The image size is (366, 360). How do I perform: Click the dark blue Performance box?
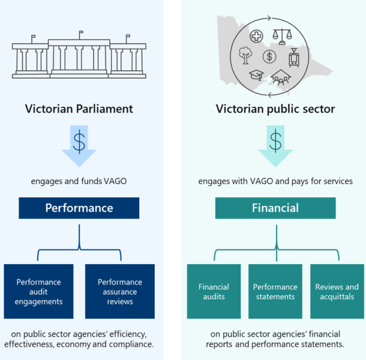[x=79, y=208]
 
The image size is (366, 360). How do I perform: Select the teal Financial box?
[x=275, y=208]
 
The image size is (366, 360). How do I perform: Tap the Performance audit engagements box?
[x=38, y=291]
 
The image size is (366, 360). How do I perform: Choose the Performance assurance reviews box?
[x=120, y=291]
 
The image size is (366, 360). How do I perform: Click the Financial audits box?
[x=214, y=291]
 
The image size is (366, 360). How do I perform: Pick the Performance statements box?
[x=275, y=291]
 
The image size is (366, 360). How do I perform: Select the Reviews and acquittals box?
[x=337, y=291]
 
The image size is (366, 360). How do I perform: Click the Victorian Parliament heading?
[x=79, y=109]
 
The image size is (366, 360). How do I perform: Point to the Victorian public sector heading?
[x=275, y=109]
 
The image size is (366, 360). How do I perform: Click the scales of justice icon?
[x=280, y=35]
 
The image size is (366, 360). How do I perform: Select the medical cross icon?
[x=256, y=35]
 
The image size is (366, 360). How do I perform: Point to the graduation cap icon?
[x=256, y=76]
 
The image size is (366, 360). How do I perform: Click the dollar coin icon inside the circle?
[x=269, y=57]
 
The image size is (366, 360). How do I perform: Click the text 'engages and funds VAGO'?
[x=79, y=180]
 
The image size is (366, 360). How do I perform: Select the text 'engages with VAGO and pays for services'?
[x=275, y=180]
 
